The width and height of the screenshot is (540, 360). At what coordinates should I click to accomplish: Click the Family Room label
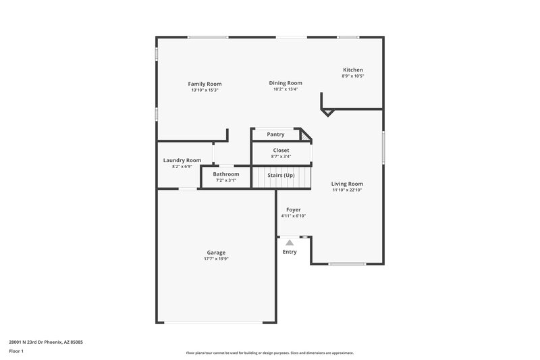205,84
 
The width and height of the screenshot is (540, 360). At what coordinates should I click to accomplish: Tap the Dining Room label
286,83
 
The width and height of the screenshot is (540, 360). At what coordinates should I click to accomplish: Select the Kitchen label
353,70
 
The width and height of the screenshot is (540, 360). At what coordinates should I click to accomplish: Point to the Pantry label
275,134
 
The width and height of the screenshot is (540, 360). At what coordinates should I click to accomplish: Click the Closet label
281,150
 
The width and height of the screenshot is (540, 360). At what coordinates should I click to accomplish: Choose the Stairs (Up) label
281,175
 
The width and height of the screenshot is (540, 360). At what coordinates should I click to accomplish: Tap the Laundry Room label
182,160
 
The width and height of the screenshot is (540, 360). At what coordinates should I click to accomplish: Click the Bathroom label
226,174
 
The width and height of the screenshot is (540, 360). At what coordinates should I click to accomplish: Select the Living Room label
348,184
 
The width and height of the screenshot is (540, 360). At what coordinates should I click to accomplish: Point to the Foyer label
294,210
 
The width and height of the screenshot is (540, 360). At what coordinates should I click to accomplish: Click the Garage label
216,253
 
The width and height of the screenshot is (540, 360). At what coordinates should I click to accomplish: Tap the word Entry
290,252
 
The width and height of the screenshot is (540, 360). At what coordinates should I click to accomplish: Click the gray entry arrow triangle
290,241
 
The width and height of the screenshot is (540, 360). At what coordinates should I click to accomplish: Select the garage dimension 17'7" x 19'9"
216,259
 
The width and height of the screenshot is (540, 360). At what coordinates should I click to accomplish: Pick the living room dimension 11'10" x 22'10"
348,190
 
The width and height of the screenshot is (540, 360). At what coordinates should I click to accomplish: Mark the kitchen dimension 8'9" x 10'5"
353,76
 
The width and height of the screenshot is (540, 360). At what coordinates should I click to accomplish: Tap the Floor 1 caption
17,352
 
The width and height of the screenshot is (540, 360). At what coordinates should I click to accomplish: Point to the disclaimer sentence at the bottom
270,353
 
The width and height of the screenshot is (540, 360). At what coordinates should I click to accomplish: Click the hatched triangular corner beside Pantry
306,136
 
